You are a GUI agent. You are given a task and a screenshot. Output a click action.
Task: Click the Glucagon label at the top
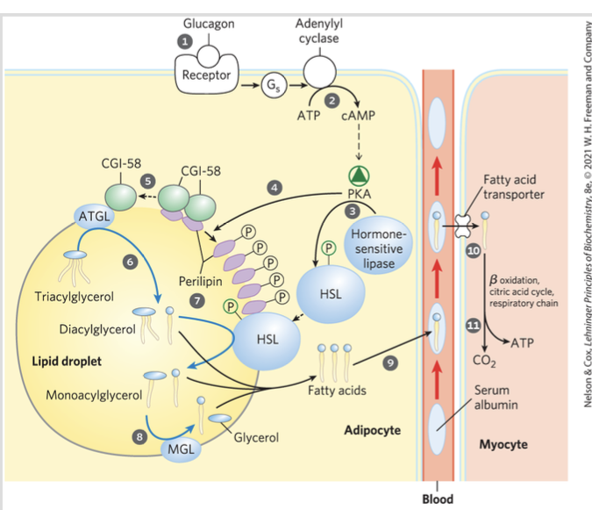(209, 24)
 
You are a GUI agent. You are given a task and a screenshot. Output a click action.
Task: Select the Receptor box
(206, 75)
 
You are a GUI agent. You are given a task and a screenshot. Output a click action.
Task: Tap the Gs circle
(273, 85)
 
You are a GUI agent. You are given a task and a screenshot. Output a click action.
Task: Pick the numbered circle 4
(275, 187)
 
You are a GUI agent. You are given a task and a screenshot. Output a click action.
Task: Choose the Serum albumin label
(496, 397)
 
